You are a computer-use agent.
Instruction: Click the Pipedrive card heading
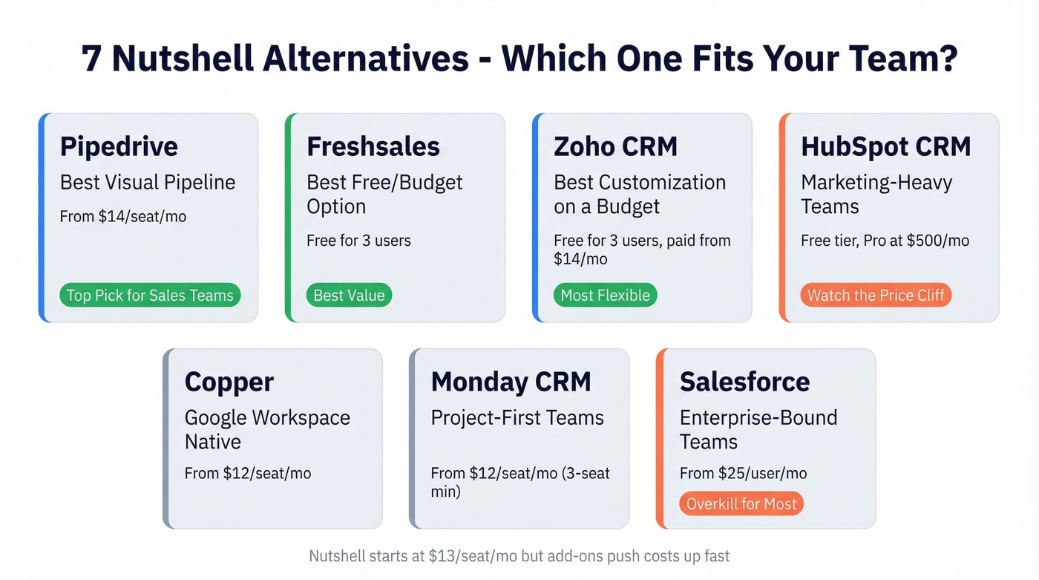tap(119, 146)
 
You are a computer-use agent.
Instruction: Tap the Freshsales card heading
tap(373, 146)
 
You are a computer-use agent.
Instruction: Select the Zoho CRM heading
tap(615, 146)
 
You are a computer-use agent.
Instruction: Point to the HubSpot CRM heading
tap(885, 146)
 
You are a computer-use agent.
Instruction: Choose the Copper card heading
tap(229, 382)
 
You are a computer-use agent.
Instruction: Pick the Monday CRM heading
tap(511, 382)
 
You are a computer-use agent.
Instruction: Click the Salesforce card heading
tap(744, 382)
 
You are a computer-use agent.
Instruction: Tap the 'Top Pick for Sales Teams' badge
tap(150, 296)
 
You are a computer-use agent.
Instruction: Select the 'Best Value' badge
tap(349, 296)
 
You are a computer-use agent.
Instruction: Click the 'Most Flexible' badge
tap(605, 296)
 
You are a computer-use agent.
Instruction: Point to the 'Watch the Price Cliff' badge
tap(876, 296)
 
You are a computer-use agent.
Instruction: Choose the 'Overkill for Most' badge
tap(741, 504)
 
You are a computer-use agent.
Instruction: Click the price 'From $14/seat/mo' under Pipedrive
tap(122, 217)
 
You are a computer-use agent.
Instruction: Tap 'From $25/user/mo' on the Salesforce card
tap(743, 473)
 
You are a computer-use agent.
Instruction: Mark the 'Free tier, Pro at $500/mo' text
tap(885, 241)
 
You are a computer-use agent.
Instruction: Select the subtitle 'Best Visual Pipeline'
tap(148, 183)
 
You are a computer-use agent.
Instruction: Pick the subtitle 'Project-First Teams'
tap(517, 418)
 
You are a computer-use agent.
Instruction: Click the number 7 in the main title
tap(92, 59)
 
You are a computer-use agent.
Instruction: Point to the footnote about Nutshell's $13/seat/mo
tap(519, 555)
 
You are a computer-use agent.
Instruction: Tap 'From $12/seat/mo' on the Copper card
tap(248, 473)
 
